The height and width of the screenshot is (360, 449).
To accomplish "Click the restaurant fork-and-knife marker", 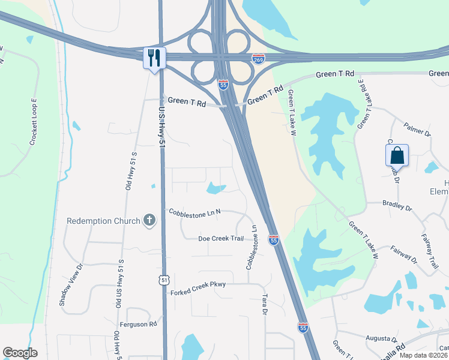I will [x=154, y=58].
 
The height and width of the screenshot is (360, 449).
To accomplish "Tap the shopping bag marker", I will [x=397, y=155].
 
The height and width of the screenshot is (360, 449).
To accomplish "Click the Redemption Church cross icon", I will [x=149, y=221].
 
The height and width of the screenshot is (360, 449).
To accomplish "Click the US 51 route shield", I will [x=165, y=280].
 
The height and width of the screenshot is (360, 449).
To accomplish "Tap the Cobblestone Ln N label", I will [x=194, y=212].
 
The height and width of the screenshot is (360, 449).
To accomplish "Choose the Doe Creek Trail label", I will [x=220, y=239].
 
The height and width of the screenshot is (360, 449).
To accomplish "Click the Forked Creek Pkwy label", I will [x=198, y=284].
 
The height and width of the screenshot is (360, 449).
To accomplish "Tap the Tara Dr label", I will [x=264, y=304].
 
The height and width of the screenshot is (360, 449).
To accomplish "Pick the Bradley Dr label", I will [x=397, y=206].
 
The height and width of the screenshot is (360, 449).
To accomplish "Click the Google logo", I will [x=20, y=353].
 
